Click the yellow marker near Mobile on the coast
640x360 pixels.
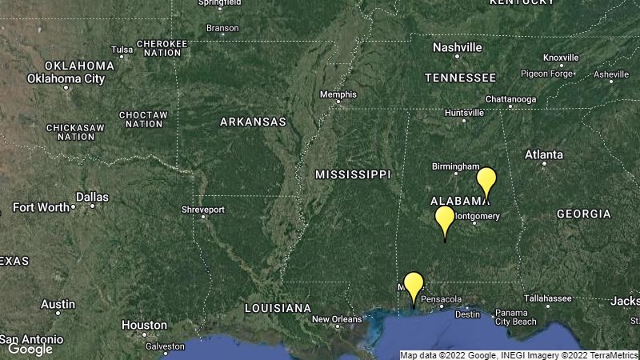tap(413, 286)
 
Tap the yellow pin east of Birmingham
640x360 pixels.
tap(486, 181)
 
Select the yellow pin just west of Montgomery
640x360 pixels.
tap(445, 219)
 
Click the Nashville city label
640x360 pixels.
tap(458, 47)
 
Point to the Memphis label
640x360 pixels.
tap(338, 94)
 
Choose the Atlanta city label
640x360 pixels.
tap(544, 154)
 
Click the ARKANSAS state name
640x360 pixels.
tap(254, 122)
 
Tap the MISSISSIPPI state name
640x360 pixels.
tap(353, 174)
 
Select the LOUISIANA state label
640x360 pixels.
tap(278, 308)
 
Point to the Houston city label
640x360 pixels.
tap(145, 326)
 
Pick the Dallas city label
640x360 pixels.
tap(92, 197)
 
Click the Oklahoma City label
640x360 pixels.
tap(66, 78)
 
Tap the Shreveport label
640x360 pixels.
tap(203, 210)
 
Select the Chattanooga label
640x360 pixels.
tap(511, 99)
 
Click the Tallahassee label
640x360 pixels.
tap(548, 298)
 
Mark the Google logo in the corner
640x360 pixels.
tap(30, 349)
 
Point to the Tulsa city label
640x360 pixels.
tap(122, 50)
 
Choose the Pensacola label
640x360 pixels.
tap(442, 300)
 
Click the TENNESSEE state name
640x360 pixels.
tap(460, 78)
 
